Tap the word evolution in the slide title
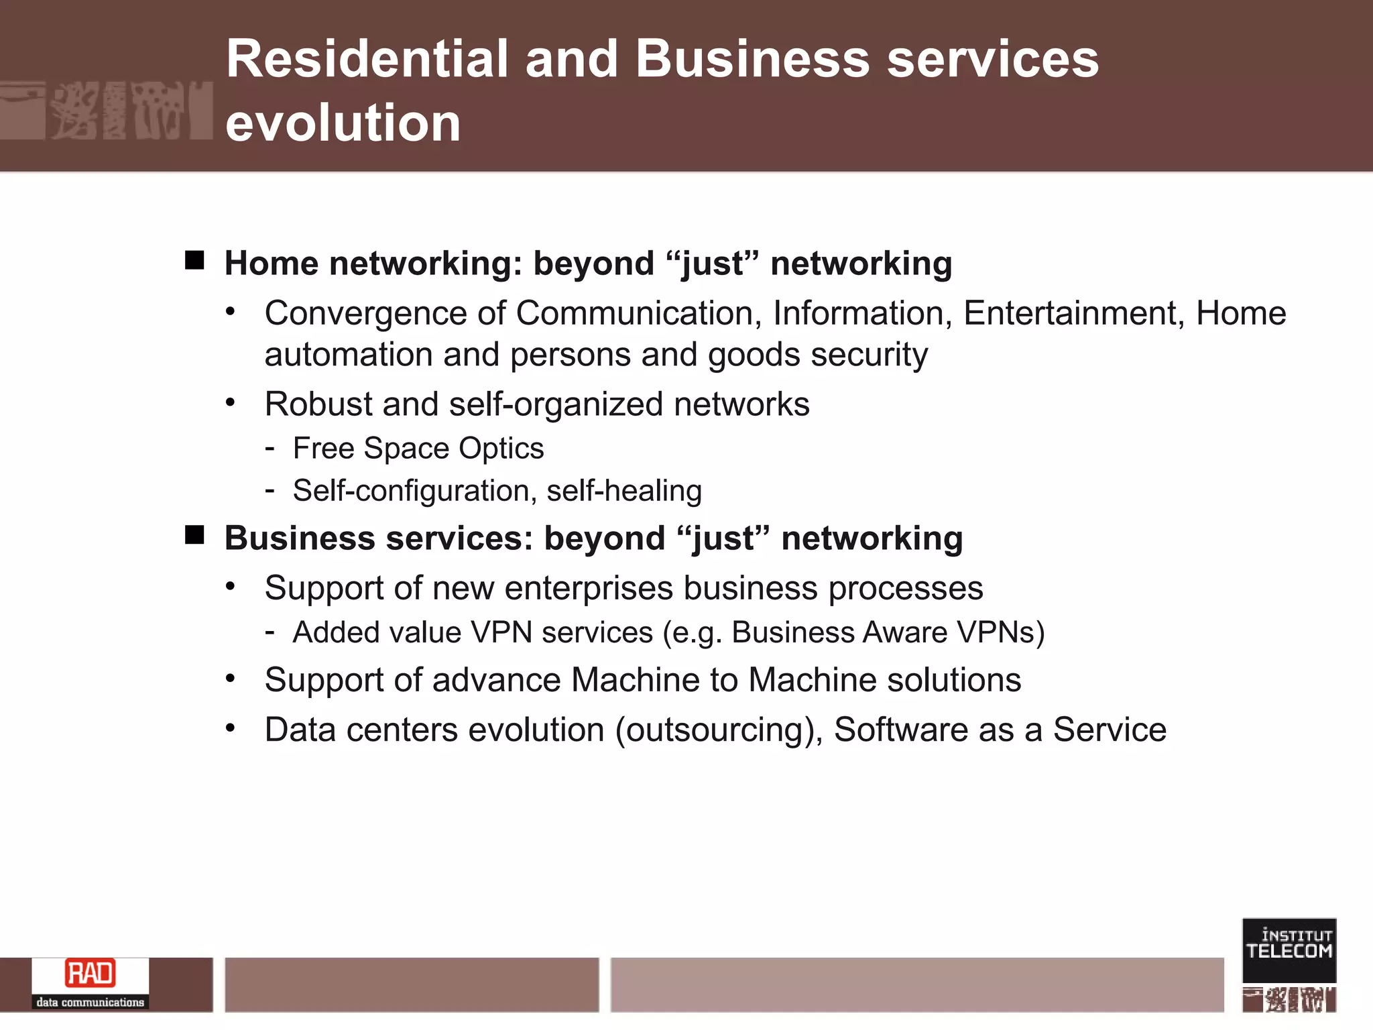click(343, 123)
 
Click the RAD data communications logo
click(91, 983)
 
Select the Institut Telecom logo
click(1289, 950)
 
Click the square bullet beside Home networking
click(194, 260)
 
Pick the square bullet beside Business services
click(194, 535)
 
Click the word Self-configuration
click(411, 491)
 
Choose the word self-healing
click(624, 491)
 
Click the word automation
click(349, 355)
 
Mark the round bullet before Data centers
click(231, 728)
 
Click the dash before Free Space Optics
click(270, 448)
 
